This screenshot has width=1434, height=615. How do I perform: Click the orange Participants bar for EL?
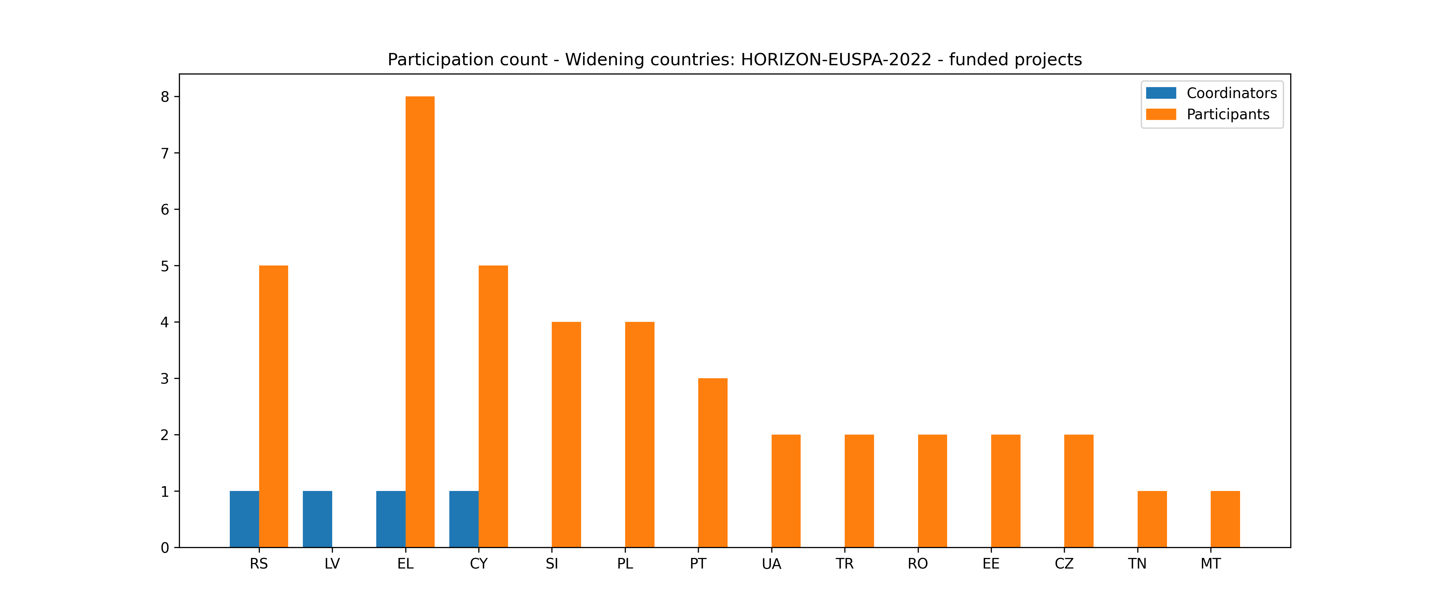pyautogui.click(x=420, y=322)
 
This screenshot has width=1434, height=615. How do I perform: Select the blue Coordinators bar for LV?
pyautogui.click(x=317, y=519)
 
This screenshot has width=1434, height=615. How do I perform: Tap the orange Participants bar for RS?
pyautogui.click(x=273, y=407)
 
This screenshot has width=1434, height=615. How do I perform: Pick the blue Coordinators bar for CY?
pyautogui.click(x=464, y=519)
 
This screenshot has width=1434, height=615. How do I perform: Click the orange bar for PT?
pyautogui.click(x=713, y=463)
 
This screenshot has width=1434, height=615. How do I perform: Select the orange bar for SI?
pyautogui.click(x=566, y=435)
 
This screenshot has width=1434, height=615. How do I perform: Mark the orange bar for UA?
pyautogui.click(x=786, y=491)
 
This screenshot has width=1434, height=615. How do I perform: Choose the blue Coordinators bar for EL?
pyautogui.click(x=391, y=519)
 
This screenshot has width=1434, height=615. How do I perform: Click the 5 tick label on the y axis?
pyautogui.click(x=165, y=266)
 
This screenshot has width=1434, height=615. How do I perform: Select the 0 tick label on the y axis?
pyautogui.click(x=165, y=548)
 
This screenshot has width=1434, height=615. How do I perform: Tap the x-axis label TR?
pyautogui.click(x=844, y=564)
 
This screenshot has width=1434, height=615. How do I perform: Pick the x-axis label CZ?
pyautogui.click(x=1064, y=564)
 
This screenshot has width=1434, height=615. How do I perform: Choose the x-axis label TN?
pyautogui.click(x=1137, y=564)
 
